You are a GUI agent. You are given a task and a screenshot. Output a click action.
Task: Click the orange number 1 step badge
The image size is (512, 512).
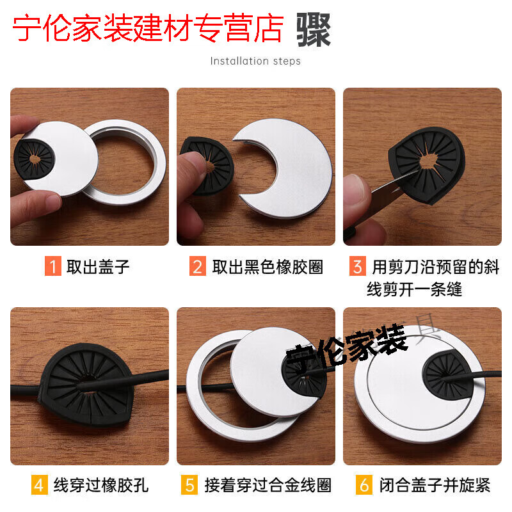pos(53,266)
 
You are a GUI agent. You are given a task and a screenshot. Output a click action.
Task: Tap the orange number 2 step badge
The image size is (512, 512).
pos(198,266)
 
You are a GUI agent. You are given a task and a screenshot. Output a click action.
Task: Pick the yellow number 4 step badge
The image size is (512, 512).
pos(40,484)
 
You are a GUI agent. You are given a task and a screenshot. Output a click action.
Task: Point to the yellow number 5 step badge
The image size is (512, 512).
pos(189,484)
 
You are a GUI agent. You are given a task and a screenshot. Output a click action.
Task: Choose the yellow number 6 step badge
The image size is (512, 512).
pos(364,484)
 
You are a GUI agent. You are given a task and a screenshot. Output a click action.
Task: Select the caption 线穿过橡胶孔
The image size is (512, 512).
pos(101,485)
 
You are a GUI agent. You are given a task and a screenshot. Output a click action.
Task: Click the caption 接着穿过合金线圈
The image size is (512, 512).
pos(268,485)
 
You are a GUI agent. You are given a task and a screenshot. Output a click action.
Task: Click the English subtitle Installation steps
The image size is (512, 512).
pos(255,61)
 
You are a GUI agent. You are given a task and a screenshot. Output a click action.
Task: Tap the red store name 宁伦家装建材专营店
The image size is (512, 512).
pos(148,29)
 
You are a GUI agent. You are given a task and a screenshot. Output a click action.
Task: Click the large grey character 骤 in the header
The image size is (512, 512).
pos(314,29)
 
